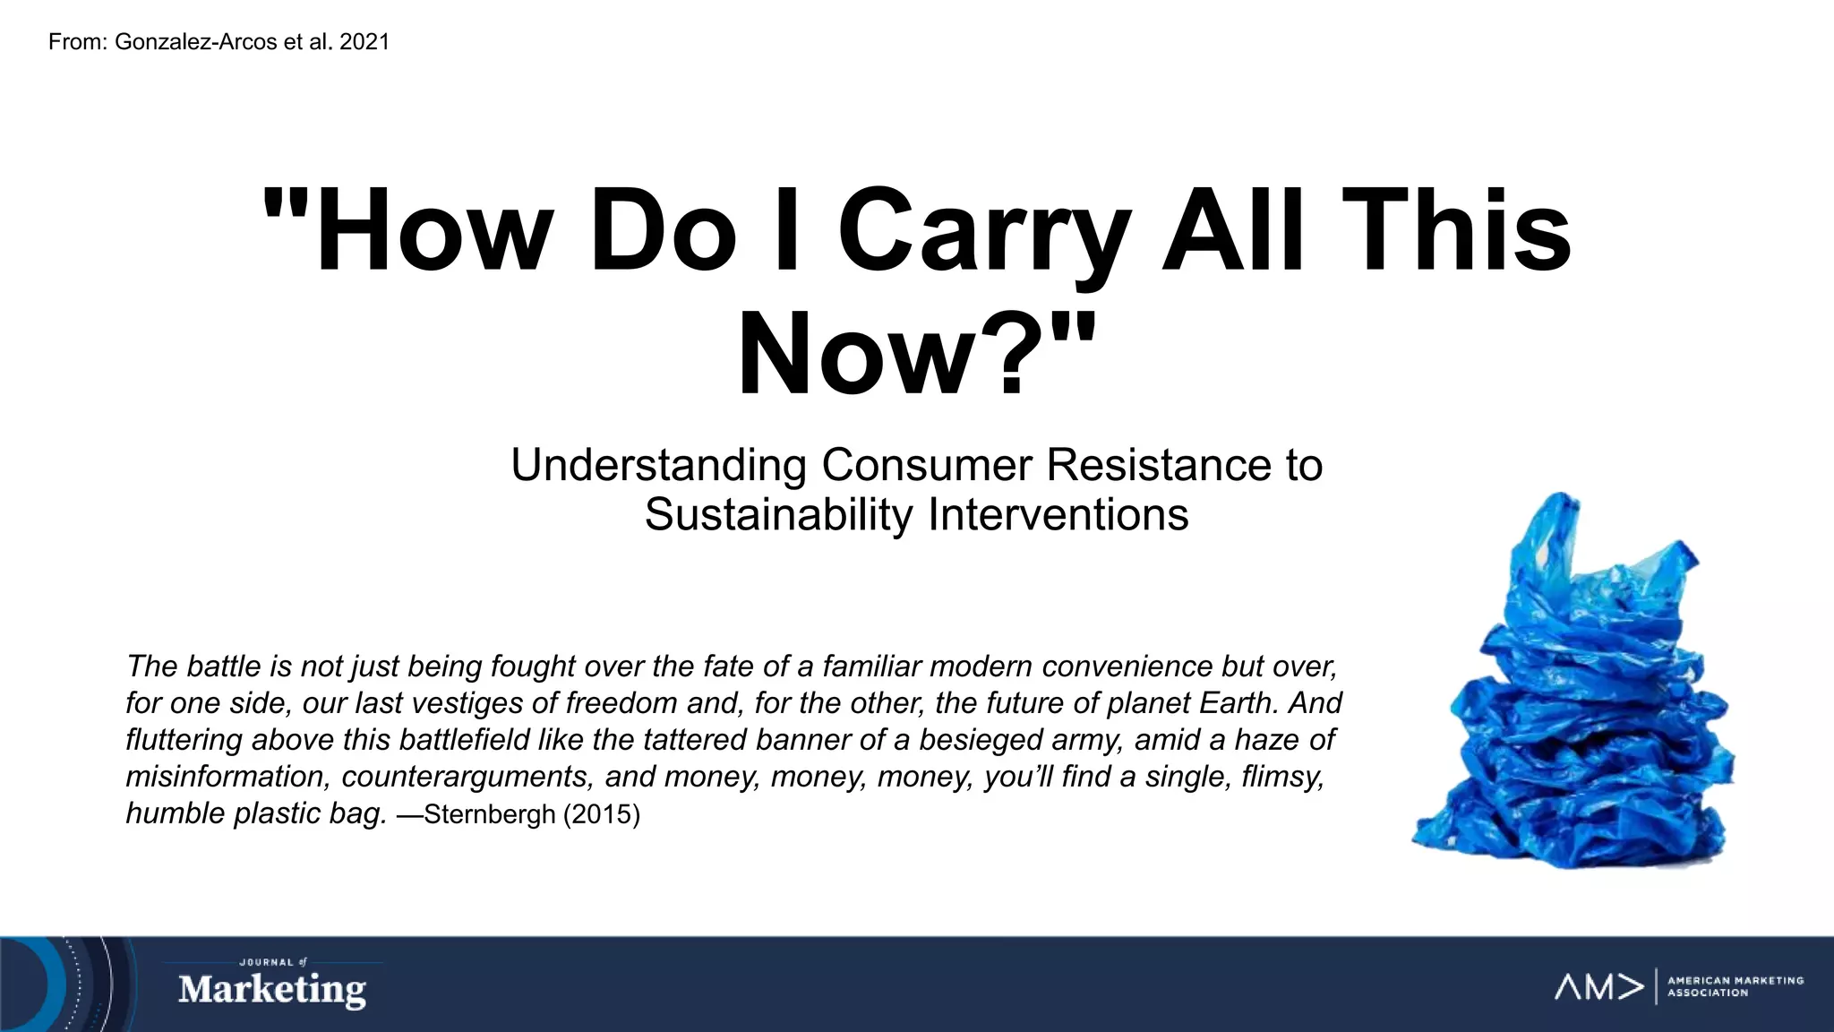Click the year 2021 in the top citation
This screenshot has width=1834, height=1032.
[364, 42]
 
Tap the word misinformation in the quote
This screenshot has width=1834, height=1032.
[225, 777]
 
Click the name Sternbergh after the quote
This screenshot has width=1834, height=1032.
[489, 814]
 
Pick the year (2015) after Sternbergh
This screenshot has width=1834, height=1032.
[601, 814]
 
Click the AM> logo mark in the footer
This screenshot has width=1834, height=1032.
[1599, 987]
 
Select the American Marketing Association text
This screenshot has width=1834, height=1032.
[1735, 986]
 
